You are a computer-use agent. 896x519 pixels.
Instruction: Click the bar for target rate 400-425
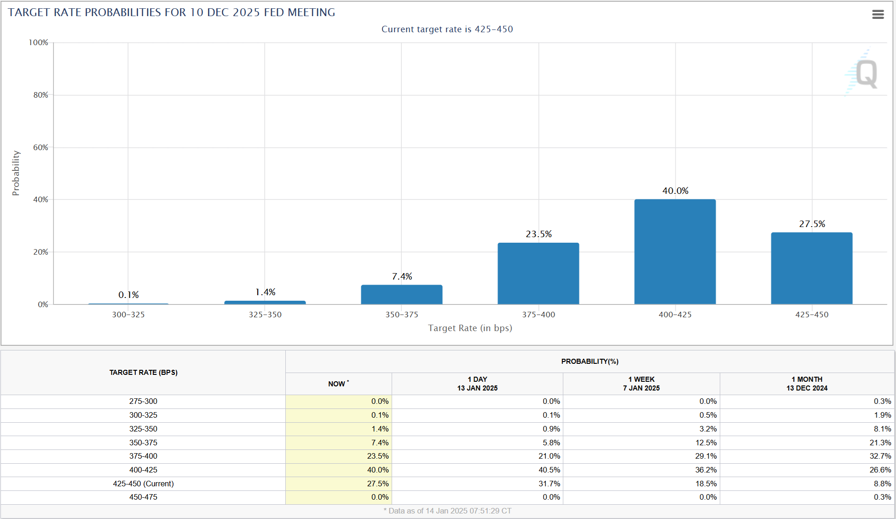[675, 251]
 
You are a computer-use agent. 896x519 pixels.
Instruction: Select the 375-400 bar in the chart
[538, 274]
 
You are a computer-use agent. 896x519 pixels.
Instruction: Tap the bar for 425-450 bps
[811, 268]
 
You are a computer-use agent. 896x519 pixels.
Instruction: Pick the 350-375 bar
[401, 295]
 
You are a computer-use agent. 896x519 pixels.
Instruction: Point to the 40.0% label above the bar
[675, 191]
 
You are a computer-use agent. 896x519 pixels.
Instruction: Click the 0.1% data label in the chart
[128, 295]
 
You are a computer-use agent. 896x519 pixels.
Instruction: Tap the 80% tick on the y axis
[40, 95]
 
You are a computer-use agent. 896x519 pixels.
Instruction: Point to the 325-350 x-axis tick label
[265, 315]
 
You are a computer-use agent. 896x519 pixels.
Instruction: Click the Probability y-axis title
[16, 173]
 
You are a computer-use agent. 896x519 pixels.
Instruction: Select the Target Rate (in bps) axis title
[470, 328]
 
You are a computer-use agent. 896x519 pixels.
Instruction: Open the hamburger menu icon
[878, 15]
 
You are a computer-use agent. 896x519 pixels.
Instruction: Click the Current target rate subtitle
[447, 29]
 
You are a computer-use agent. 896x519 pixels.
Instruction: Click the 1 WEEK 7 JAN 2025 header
[641, 384]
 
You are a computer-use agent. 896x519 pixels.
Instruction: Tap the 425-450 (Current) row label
[143, 484]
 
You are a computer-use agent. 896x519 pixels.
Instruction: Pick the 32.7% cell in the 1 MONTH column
[880, 456]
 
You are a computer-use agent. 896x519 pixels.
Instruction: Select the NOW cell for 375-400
[377, 456]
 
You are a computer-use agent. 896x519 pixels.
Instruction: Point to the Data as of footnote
[447, 511]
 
